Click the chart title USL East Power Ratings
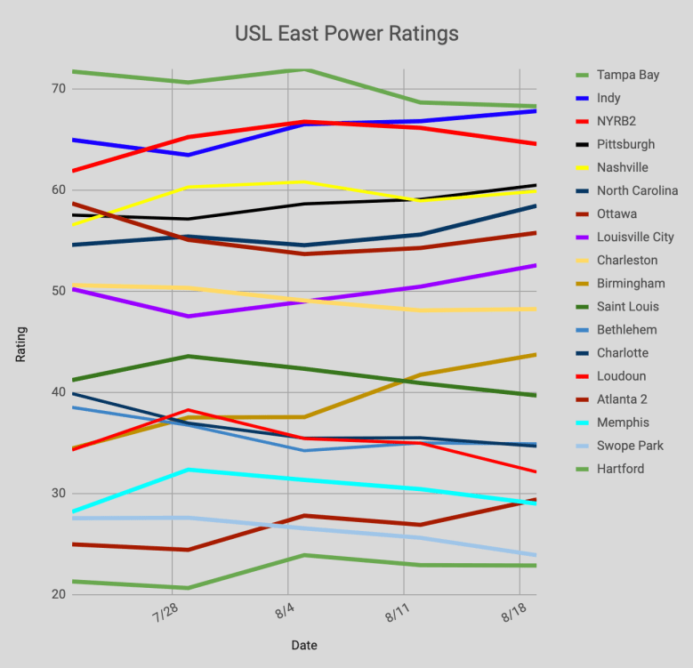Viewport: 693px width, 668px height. point(346,34)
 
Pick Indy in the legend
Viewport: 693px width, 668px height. point(608,98)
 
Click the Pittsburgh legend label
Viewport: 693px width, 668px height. point(625,144)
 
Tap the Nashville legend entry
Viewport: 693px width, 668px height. point(623,167)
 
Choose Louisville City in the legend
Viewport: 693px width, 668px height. point(633,237)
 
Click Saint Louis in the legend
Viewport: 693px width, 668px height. point(626,307)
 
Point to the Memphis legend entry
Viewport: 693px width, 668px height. point(623,423)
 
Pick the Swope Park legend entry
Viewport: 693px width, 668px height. point(630,446)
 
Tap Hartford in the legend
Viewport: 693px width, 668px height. point(620,469)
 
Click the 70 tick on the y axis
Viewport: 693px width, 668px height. point(59,89)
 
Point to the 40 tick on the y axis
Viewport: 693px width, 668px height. point(59,392)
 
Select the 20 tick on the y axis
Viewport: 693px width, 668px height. point(59,594)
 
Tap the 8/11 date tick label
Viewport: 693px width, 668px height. point(400,616)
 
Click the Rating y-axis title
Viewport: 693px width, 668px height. point(20,343)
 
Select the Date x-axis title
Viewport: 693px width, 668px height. point(303,645)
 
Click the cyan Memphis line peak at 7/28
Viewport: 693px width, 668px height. point(187,470)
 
